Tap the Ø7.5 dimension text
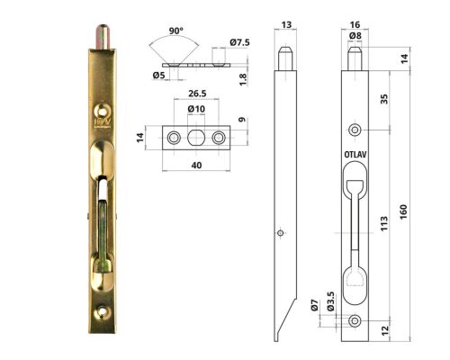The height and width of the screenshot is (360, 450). point(239,42)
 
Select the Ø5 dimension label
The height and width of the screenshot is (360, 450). point(158,76)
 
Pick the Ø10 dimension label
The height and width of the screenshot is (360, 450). point(196,110)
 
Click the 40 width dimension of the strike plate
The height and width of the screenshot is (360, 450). point(196,165)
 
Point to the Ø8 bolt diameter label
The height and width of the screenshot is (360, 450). point(355,36)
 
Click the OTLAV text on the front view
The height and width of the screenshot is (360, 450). point(355,154)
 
